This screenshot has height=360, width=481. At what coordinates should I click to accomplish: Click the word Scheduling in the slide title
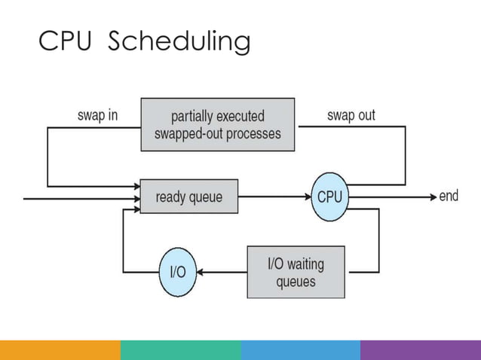pos(179,43)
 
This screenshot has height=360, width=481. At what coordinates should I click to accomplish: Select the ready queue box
pos(188,197)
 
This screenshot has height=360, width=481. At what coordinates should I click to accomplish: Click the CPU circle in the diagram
pos(329,197)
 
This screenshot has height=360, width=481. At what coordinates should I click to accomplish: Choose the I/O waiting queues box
pos(296,272)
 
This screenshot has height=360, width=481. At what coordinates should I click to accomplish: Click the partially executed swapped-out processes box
pos(217,125)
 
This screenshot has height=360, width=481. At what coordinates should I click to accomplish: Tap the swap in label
pos(98,116)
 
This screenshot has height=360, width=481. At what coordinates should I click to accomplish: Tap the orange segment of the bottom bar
pos(60,349)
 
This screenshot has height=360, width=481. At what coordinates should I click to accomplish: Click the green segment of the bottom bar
pos(180,349)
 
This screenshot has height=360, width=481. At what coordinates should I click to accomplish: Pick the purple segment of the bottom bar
pos(420,349)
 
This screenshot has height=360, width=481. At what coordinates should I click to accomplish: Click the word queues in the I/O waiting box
pos(296,282)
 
